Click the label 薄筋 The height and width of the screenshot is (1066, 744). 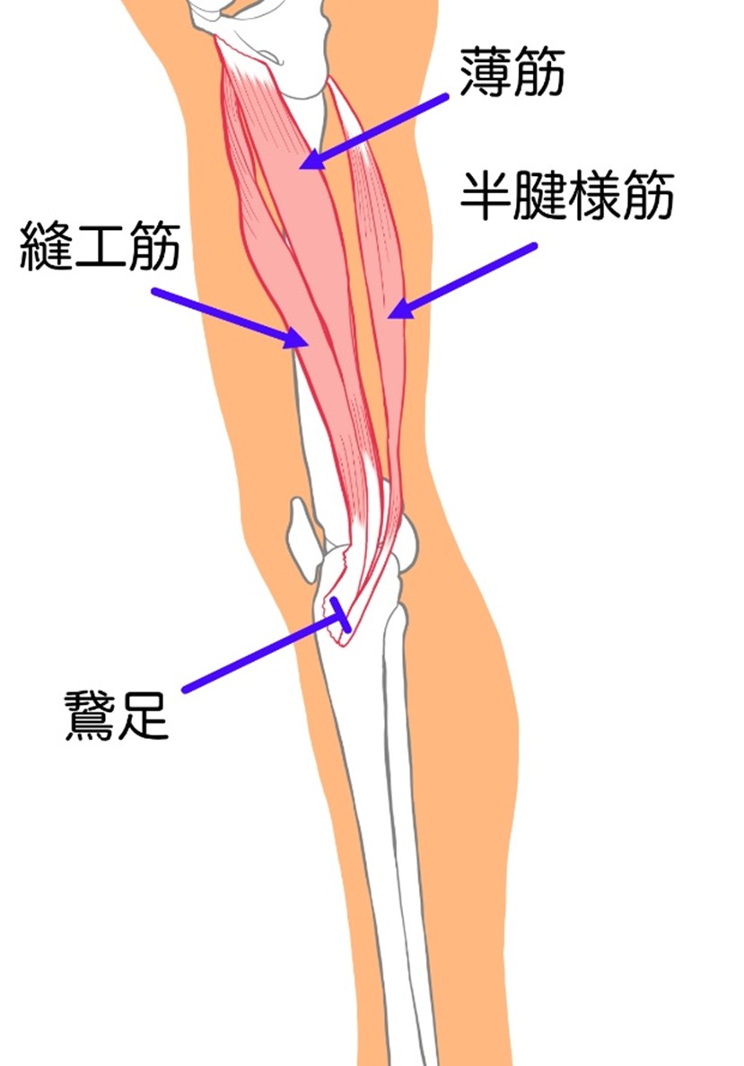[x=512, y=72]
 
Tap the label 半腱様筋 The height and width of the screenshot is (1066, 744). [x=567, y=196]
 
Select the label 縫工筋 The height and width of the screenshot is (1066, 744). [x=101, y=245]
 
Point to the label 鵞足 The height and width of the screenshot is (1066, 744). [x=116, y=715]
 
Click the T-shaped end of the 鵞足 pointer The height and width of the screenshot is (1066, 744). [x=340, y=614]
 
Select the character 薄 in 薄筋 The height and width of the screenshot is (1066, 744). [x=486, y=72]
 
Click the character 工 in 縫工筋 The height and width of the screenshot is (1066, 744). [x=101, y=246]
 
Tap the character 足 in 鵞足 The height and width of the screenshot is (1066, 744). [x=144, y=715]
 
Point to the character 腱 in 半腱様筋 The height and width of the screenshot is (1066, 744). [x=540, y=196]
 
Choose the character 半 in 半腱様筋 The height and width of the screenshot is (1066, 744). [x=486, y=196]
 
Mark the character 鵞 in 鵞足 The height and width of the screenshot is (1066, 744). [x=90, y=715]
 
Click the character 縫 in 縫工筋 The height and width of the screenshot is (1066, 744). [x=47, y=245]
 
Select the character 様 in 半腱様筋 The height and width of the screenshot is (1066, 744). [x=594, y=196]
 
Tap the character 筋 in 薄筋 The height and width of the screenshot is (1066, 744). [x=539, y=72]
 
